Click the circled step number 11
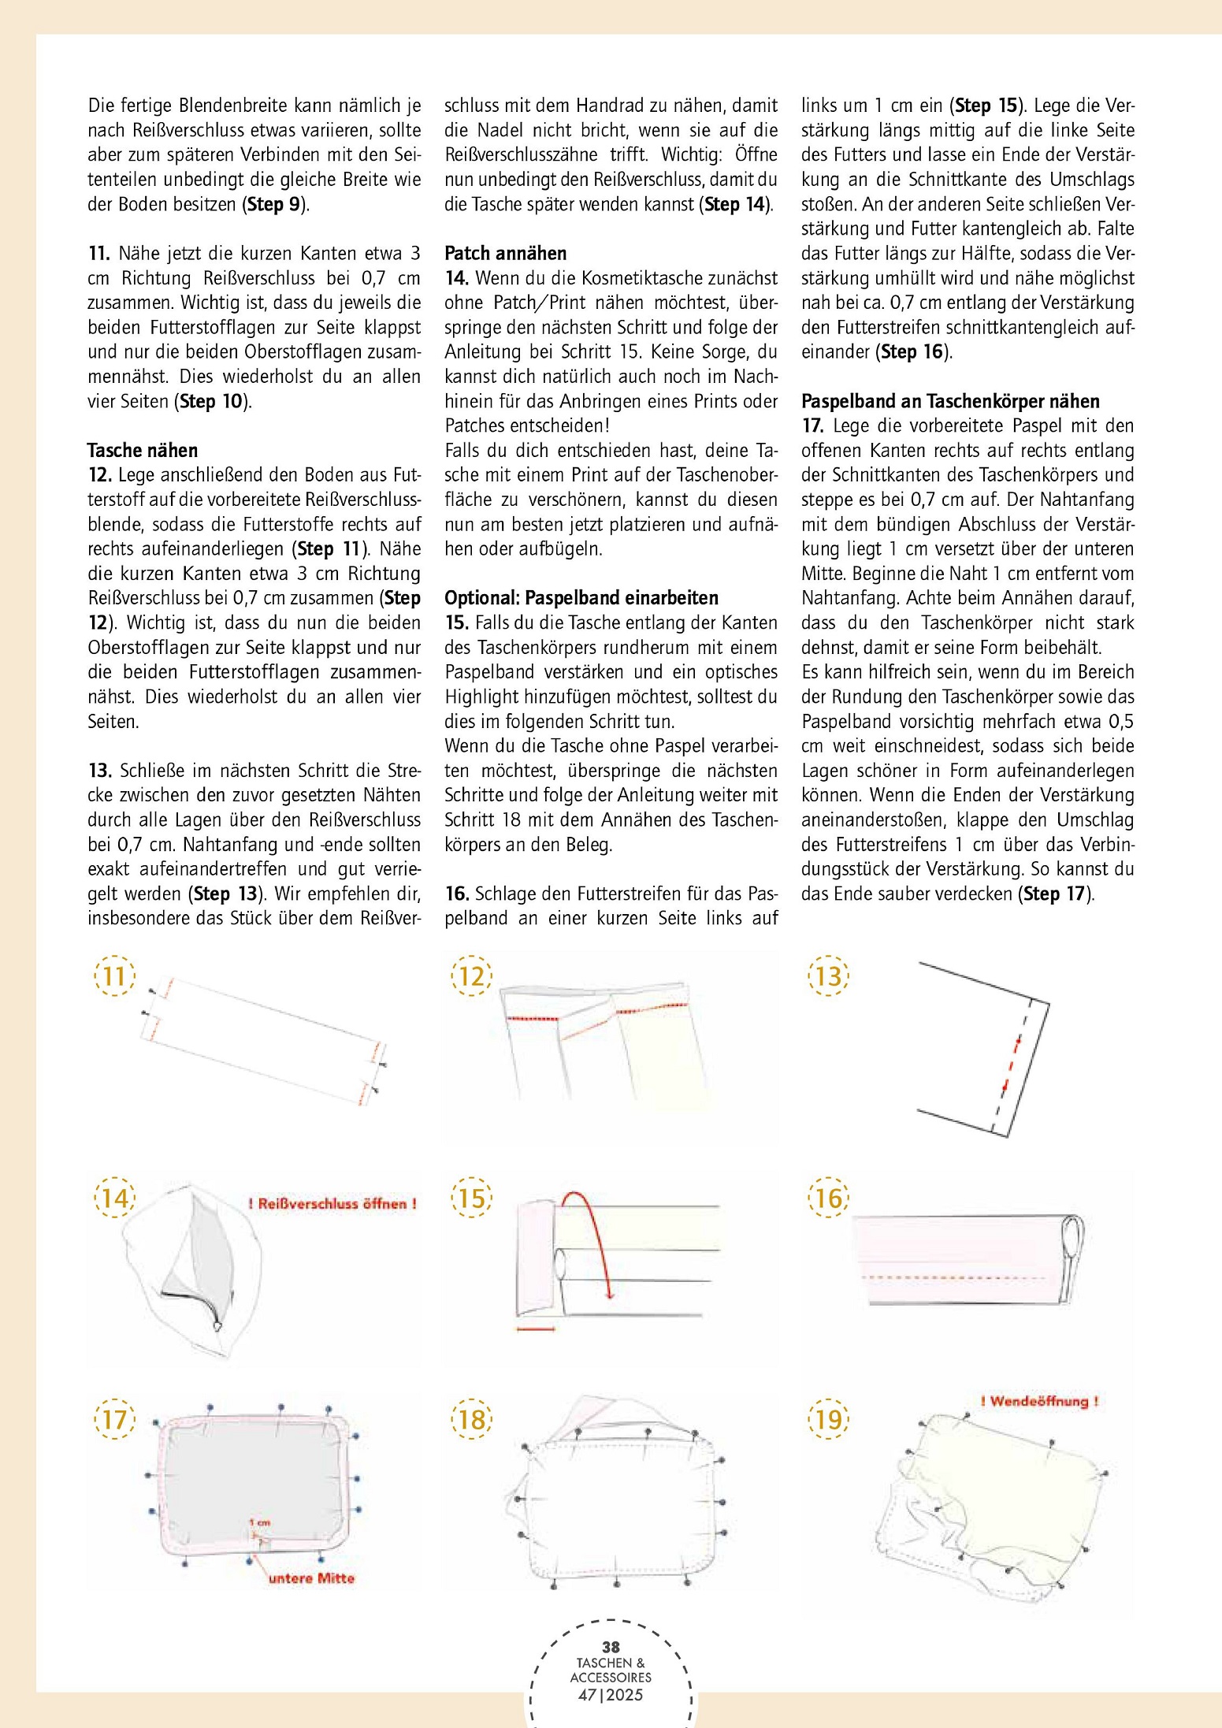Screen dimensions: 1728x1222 click(114, 977)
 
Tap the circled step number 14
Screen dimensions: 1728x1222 click(114, 1198)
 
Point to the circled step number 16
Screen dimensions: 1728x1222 click(828, 1198)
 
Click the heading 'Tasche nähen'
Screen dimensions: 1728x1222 click(143, 451)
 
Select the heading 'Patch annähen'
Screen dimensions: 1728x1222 click(506, 254)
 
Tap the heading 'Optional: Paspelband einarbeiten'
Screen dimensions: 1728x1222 click(581, 598)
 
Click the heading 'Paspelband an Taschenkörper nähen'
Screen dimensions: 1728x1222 click(950, 401)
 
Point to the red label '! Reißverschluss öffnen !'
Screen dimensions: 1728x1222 click(332, 1203)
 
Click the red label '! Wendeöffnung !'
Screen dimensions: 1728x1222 click(1038, 1401)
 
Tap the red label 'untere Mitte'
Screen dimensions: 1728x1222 click(311, 1578)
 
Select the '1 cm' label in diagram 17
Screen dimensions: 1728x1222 click(259, 1522)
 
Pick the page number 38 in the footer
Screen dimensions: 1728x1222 click(611, 1647)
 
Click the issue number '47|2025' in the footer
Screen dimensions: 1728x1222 click(611, 1694)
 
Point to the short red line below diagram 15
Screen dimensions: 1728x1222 click(536, 1329)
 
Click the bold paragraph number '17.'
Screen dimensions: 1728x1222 click(813, 426)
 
